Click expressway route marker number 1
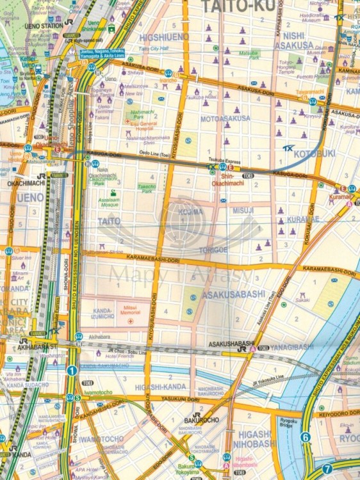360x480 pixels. coord(72,370)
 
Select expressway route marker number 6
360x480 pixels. coord(305,438)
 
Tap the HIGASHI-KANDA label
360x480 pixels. coord(160,387)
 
